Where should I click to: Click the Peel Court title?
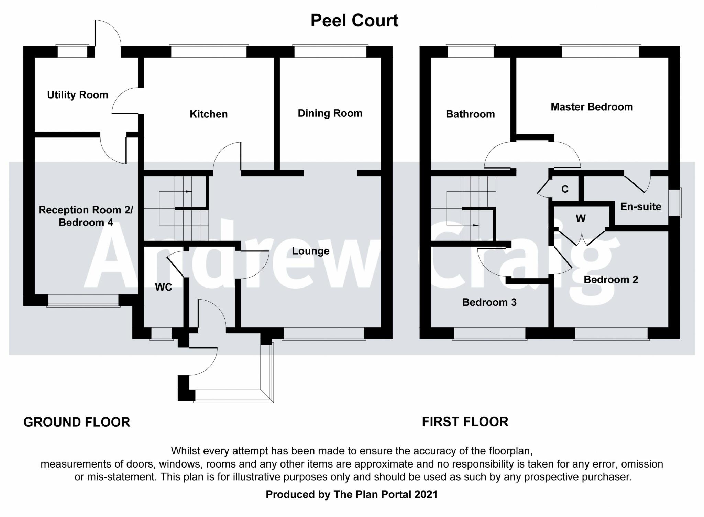click(354, 21)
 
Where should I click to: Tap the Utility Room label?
click(78, 95)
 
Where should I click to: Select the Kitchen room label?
click(209, 114)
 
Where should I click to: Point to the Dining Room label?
click(330, 113)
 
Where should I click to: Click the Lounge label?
click(311, 251)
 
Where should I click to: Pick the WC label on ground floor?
click(164, 287)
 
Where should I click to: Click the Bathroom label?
click(470, 114)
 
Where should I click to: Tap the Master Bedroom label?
click(592, 107)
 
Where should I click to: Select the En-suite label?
click(641, 206)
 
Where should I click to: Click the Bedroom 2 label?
click(611, 279)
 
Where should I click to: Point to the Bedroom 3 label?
click(489, 302)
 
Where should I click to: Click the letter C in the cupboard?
click(565, 189)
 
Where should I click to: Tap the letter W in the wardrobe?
click(581, 218)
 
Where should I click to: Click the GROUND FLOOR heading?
click(77, 422)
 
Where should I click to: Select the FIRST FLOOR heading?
click(465, 422)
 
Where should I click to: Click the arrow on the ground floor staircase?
click(188, 191)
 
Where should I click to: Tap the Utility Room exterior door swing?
click(108, 33)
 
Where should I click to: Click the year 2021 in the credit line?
click(426, 494)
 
